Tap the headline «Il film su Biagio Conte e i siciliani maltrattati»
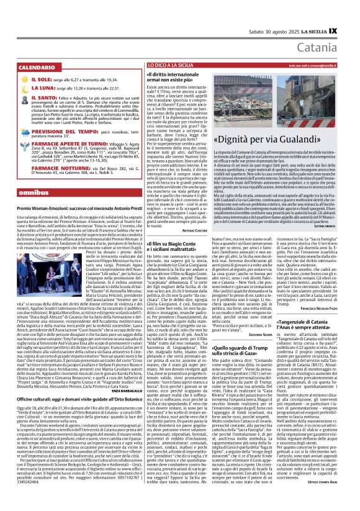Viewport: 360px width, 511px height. [x=175, y=246]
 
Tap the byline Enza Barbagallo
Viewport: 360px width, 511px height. [x=127, y=389]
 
